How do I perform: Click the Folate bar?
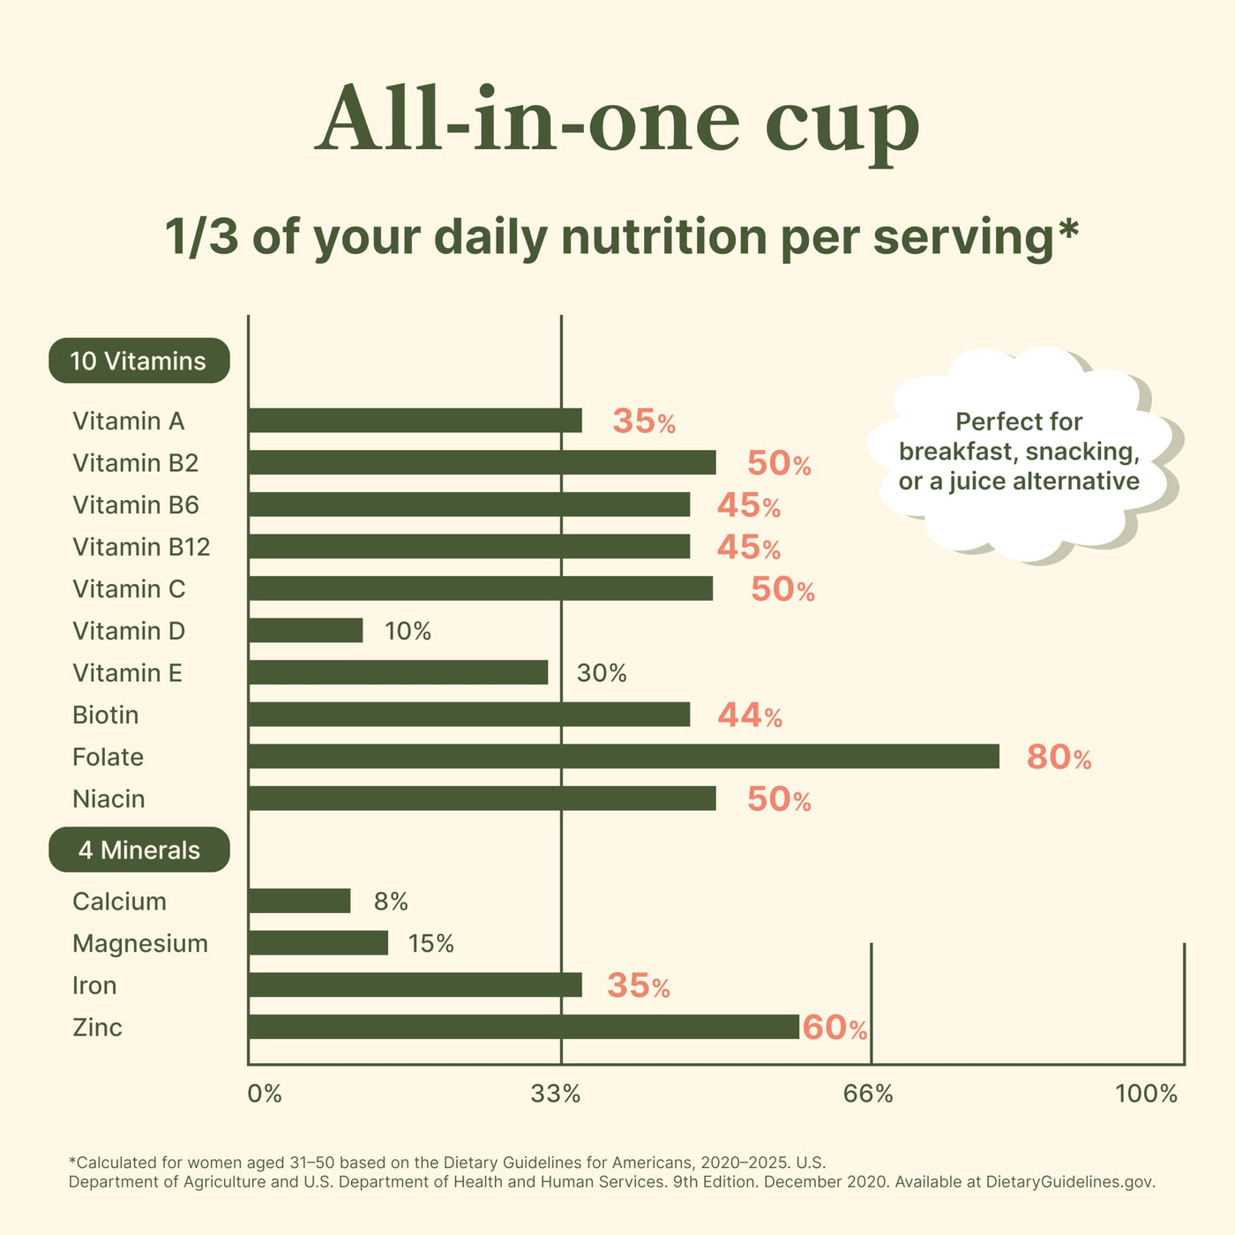[x=624, y=756]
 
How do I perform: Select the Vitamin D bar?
[x=306, y=630]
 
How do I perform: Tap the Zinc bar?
[x=524, y=1027]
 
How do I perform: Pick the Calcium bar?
[x=299, y=901]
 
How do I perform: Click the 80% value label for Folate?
[x=1059, y=757]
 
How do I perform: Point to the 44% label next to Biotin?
[x=750, y=715]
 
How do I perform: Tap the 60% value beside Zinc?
[x=835, y=1028]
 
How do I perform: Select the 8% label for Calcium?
[x=391, y=902]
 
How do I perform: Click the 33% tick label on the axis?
[x=555, y=1094]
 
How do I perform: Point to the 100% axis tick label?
[x=1146, y=1094]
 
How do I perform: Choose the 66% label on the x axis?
[x=868, y=1094]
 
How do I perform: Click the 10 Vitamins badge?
[x=139, y=361]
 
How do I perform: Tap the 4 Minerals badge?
[x=139, y=850]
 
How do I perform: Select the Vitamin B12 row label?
[x=141, y=547]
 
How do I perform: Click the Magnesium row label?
[x=139, y=944]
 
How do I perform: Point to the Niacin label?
[x=109, y=798]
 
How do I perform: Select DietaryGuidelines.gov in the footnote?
[x=1070, y=1182]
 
